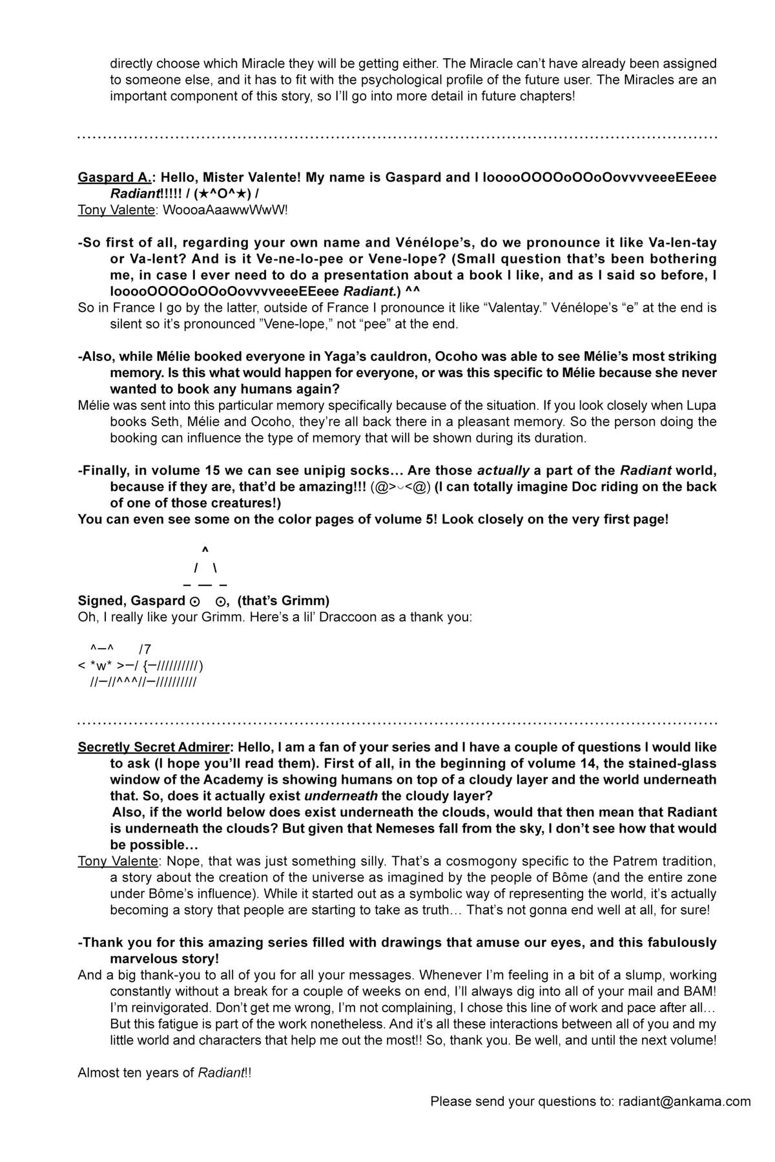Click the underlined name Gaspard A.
[114, 178]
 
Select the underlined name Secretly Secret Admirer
[153, 747]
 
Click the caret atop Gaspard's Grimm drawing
[205, 549]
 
